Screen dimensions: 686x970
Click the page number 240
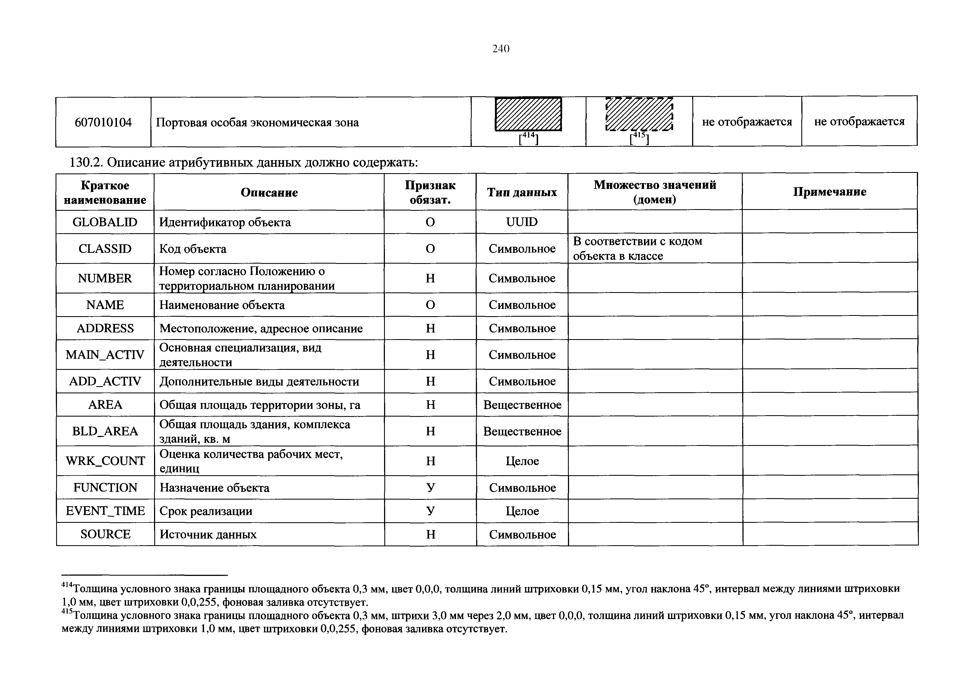click(501, 49)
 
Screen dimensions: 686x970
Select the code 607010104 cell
click(103, 123)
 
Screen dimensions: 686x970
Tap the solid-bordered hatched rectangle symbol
click(528, 114)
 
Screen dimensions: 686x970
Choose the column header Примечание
click(829, 192)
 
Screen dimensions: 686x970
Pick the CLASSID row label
click(105, 248)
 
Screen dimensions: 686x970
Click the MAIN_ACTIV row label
click(105, 355)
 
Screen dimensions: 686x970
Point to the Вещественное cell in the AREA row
click(522, 405)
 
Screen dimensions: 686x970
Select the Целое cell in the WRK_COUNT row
click(522, 461)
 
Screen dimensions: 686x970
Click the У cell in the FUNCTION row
click(430, 488)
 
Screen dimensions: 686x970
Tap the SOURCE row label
click(105, 534)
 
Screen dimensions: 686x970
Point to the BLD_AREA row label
click(105, 431)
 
